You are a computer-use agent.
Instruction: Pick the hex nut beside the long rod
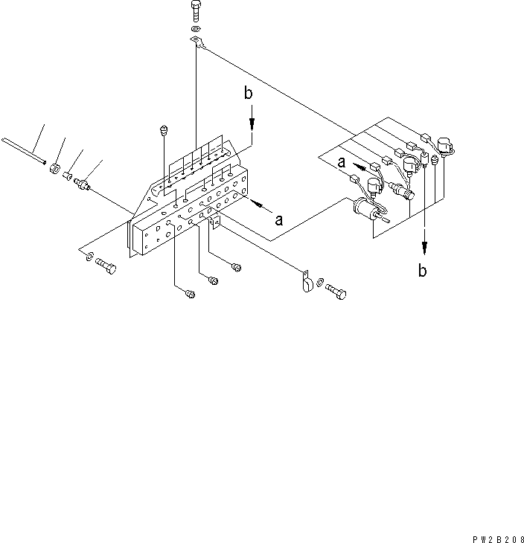point(54,167)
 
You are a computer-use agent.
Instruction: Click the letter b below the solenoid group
point(422,271)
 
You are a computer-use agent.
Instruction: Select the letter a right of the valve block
point(279,220)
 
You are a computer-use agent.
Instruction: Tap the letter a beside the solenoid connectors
point(341,161)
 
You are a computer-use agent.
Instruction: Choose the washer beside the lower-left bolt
point(89,257)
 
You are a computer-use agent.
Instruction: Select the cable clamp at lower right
point(307,283)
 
